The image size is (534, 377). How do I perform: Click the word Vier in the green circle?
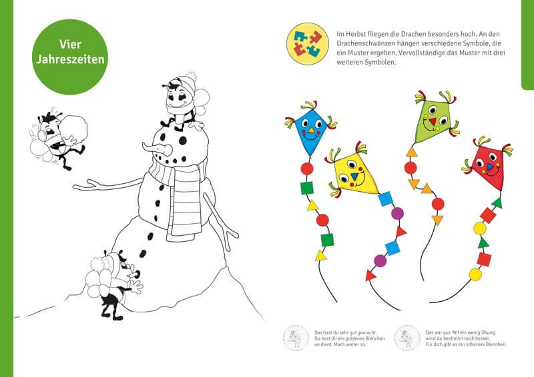click(70, 44)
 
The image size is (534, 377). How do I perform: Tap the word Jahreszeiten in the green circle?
click(70, 59)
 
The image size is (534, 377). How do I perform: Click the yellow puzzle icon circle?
click(308, 44)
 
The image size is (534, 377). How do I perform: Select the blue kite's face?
click(310, 130)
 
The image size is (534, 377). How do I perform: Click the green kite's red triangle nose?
click(433, 121)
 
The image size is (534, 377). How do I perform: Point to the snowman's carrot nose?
click(158, 149)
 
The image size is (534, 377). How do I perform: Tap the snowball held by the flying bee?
click(75, 128)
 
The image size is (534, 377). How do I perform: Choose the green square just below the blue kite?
click(306, 188)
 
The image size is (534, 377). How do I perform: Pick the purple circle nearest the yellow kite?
click(397, 214)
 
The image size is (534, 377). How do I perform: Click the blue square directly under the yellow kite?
click(386, 199)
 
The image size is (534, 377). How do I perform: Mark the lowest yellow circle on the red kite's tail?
click(475, 274)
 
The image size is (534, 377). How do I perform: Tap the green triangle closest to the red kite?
click(497, 203)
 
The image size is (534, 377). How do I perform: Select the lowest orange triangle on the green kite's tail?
click(437, 220)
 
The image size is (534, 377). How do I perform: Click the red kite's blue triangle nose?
click(490, 167)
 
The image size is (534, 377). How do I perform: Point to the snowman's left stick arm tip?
click(74, 186)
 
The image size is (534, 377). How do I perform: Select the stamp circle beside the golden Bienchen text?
click(296, 338)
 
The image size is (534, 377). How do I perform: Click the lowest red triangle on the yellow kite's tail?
click(370, 275)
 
